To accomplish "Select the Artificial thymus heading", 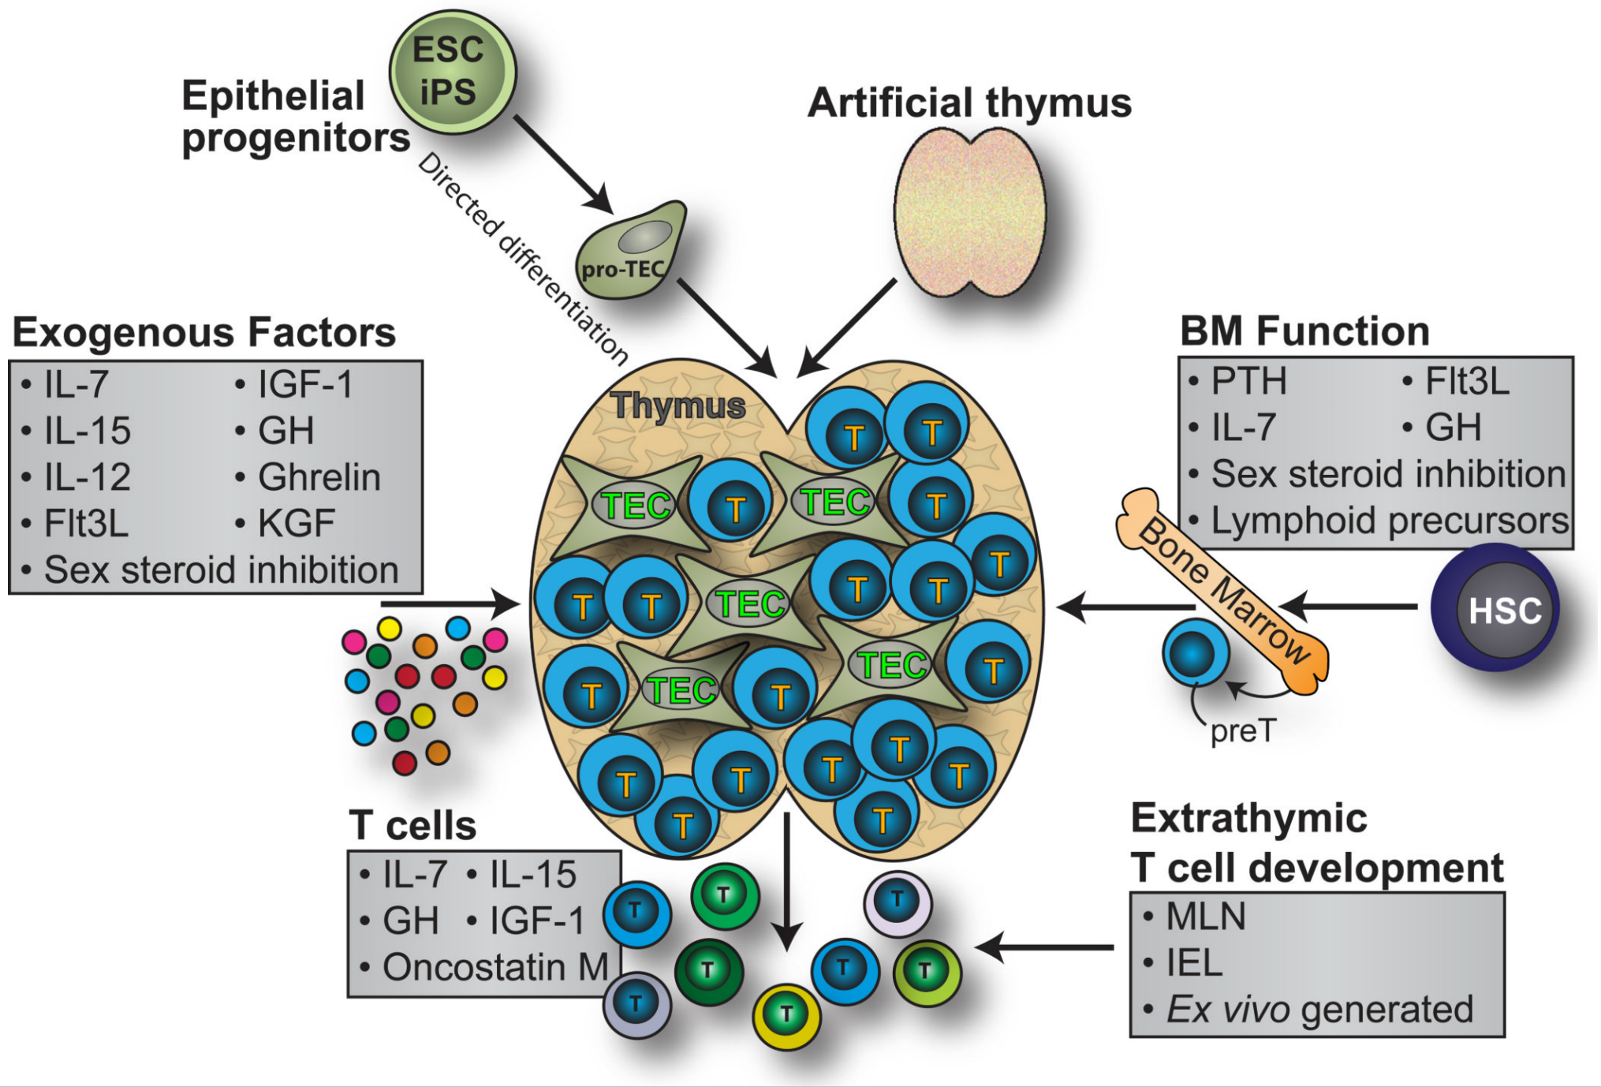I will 969,103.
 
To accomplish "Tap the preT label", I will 1243,731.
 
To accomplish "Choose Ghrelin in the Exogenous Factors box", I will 319,477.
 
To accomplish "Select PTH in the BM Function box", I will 1248,382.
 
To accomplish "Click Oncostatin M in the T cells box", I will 495,968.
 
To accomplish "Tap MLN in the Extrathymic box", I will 1205,917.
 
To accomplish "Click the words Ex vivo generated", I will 1319,1009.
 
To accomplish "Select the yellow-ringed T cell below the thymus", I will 786,1015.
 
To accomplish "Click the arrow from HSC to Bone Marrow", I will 1349,607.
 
